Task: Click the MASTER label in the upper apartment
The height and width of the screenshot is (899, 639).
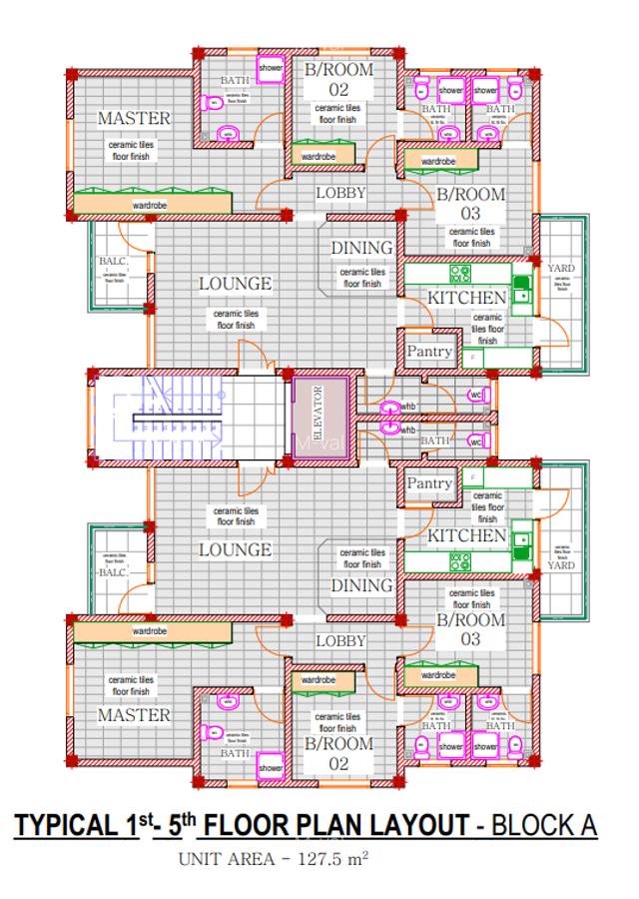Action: pyautogui.click(x=134, y=119)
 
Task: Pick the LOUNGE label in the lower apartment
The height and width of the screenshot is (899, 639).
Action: pyautogui.click(x=235, y=549)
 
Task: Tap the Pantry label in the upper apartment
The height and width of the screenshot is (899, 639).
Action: pyautogui.click(x=429, y=352)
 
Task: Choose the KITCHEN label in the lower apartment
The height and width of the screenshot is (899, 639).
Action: pyautogui.click(x=466, y=536)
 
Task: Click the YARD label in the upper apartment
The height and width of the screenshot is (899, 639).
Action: pyautogui.click(x=560, y=268)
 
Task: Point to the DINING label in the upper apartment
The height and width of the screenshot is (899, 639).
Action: pyautogui.click(x=361, y=248)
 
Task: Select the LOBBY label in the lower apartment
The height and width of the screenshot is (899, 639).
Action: pyautogui.click(x=340, y=640)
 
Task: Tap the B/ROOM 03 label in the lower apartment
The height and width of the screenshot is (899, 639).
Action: pyautogui.click(x=470, y=629)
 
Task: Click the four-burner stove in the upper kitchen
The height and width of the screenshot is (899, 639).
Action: pyautogui.click(x=460, y=273)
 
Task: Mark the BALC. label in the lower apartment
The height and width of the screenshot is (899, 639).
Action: pyautogui.click(x=113, y=572)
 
